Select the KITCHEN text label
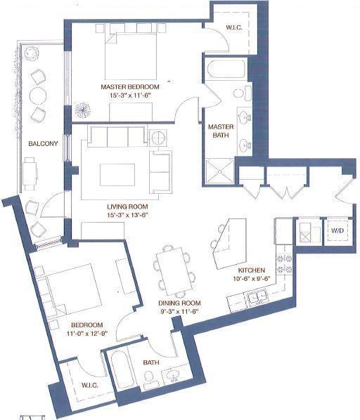pyautogui.click(x=251, y=270)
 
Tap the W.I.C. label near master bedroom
pyautogui.click(x=235, y=29)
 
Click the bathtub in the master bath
pyautogui.click(x=226, y=70)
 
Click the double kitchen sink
pyautogui.click(x=255, y=299)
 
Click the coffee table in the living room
pyautogui.click(x=117, y=173)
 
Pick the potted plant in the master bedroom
pyautogui.click(x=83, y=111)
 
